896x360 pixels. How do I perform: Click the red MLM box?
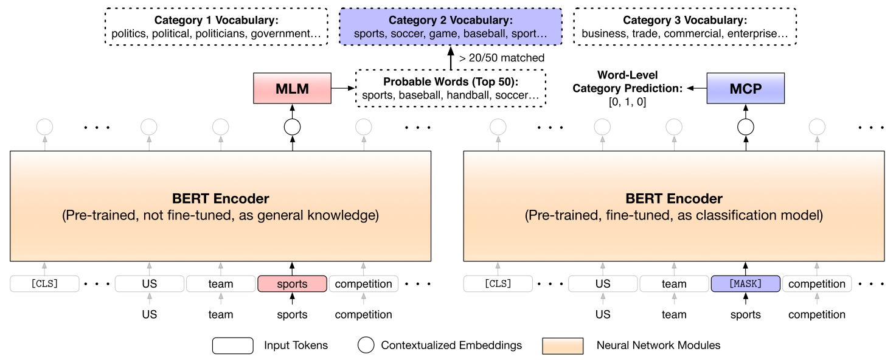tap(292, 88)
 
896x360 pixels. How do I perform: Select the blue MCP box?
tap(746, 88)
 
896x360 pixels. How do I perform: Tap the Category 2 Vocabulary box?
tap(450, 27)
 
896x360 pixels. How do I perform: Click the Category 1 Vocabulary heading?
tap(216, 21)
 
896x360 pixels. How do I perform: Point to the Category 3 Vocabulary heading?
tap(685, 21)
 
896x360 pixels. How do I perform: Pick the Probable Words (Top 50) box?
tap(450, 88)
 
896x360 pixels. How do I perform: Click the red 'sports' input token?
tap(292, 284)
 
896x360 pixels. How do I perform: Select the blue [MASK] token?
tap(746, 284)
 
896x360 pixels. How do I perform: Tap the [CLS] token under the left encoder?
tap(44, 284)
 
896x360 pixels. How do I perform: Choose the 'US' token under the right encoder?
tap(603, 284)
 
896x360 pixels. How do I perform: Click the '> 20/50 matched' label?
tap(502, 58)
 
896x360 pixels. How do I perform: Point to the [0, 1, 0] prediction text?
tap(627, 103)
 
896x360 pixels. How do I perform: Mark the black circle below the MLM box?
tap(292, 126)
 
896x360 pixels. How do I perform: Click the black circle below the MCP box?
tap(746, 126)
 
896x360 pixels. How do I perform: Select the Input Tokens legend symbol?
tap(232, 345)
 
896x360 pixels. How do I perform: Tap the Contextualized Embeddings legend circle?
tap(366, 345)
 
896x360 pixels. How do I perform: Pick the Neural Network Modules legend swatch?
tap(563, 345)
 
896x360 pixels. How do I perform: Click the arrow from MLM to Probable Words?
tap(342, 88)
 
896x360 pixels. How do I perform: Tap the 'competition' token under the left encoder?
tap(364, 284)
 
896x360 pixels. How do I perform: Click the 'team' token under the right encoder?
tap(674, 284)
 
